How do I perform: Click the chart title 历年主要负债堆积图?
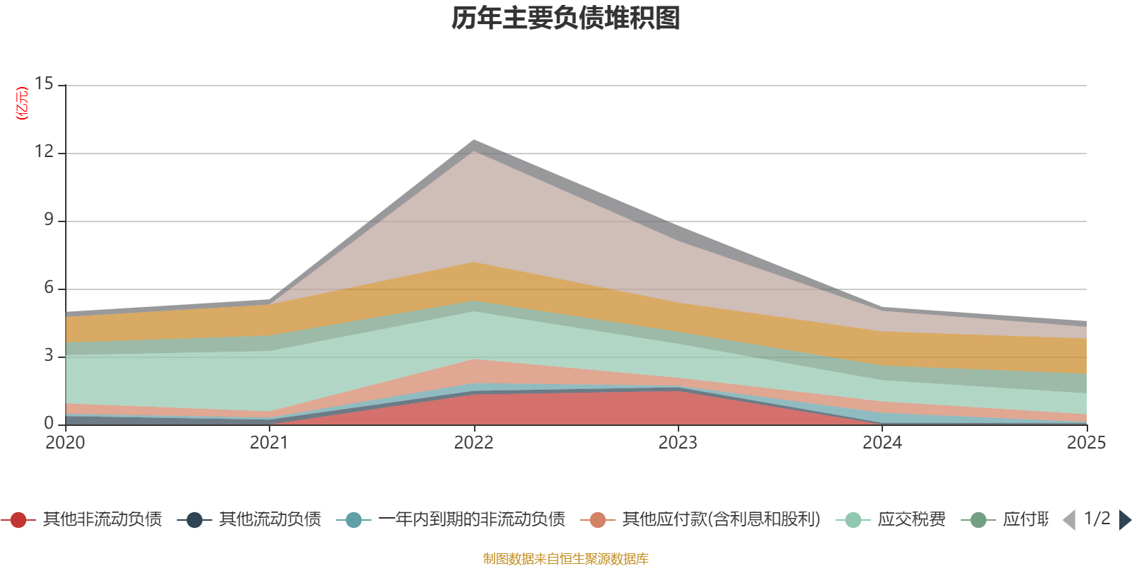[566, 18]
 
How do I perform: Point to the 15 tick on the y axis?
[45, 84]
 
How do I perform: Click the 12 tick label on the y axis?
[45, 152]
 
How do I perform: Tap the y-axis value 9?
[49, 220]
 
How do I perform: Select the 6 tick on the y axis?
[49, 288]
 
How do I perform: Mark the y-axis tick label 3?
[49, 356]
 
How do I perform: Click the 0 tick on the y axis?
[49, 423]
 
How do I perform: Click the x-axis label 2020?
[65, 443]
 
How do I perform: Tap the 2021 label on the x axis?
[269, 443]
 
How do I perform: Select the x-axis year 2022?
[473, 443]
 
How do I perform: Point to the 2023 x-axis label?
[678, 443]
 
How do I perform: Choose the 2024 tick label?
[882, 443]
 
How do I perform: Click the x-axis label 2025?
[1085, 443]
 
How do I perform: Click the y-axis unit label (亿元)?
[22, 103]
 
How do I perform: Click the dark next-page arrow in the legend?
[1124, 520]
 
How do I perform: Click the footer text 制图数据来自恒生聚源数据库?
[565, 559]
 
